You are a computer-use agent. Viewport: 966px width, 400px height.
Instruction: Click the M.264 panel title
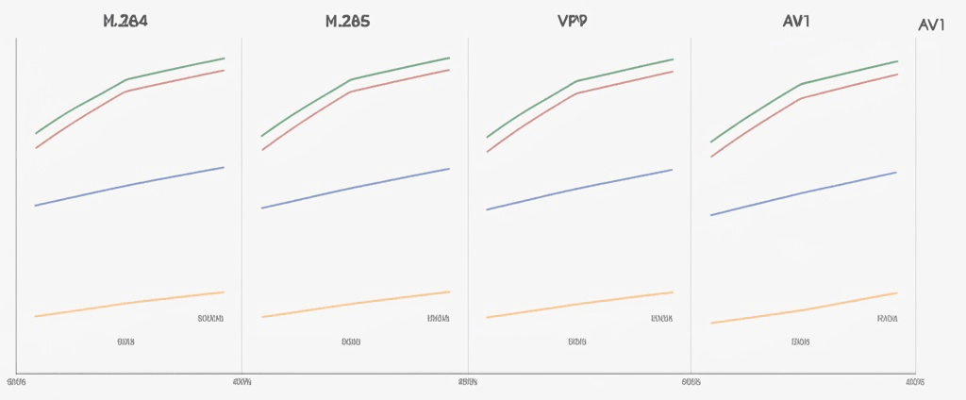125,21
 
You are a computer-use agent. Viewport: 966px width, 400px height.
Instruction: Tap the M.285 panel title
347,21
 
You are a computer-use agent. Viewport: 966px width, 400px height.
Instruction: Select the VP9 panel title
572,21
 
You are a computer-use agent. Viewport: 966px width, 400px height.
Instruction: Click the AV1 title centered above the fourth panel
796,21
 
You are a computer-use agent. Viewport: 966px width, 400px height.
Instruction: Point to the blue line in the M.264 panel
129,186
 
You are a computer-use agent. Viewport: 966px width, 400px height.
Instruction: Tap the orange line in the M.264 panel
129,303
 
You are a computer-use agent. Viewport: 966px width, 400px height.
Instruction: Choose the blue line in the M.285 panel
355,188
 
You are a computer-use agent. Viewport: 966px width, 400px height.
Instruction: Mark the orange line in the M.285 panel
355,304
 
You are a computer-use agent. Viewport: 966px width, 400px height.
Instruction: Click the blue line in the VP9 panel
579,189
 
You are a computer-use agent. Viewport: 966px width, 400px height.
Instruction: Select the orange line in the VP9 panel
579,304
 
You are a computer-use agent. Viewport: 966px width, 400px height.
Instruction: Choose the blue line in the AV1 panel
802,193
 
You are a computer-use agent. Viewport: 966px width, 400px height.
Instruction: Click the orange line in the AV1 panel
802,309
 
